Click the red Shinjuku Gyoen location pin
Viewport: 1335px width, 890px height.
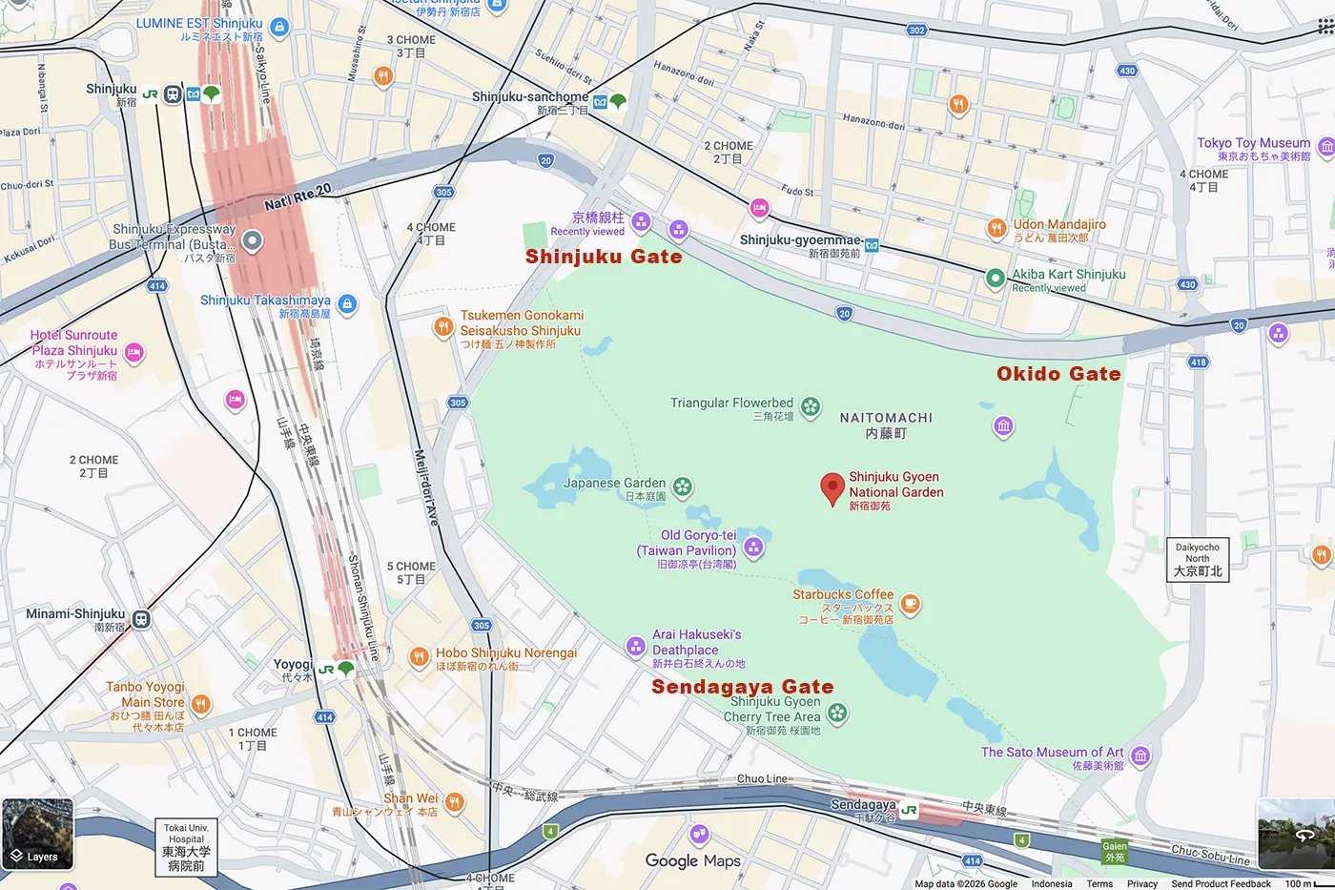pos(832,487)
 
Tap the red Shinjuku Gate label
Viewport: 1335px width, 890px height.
pos(604,257)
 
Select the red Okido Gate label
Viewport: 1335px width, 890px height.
pos(1058,374)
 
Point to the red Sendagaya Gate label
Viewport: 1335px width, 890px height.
pos(742,687)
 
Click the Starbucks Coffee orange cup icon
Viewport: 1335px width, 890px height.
pos(910,604)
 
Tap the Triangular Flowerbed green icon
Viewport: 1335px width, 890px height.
pos(811,407)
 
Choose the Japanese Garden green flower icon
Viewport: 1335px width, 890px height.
pos(682,487)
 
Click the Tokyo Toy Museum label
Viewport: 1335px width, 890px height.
pos(1254,143)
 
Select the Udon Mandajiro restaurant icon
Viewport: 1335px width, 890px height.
pos(996,227)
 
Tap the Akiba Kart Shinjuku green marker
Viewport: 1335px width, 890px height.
pos(995,279)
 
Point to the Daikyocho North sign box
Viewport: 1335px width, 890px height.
pos(1198,559)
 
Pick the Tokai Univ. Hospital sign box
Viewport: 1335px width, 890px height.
pos(186,846)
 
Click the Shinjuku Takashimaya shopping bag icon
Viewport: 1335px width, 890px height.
pos(347,304)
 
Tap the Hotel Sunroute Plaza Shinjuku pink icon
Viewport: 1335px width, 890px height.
pos(134,353)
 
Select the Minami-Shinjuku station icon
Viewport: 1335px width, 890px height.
pos(141,619)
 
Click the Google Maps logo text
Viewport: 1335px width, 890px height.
pos(693,860)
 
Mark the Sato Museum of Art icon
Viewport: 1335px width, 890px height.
pos(1140,756)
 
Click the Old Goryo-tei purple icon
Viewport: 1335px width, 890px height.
pos(753,548)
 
